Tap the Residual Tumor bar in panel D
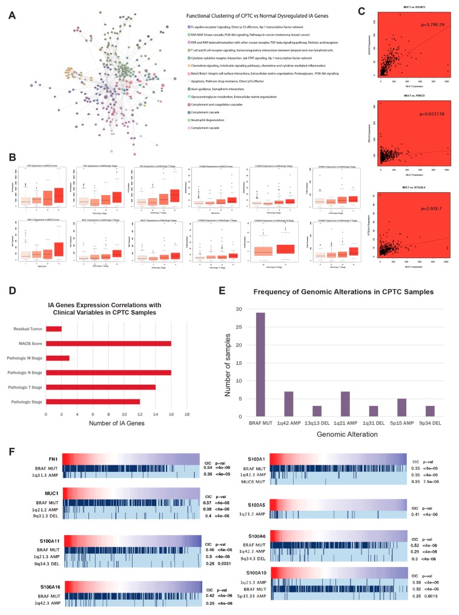54,328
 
